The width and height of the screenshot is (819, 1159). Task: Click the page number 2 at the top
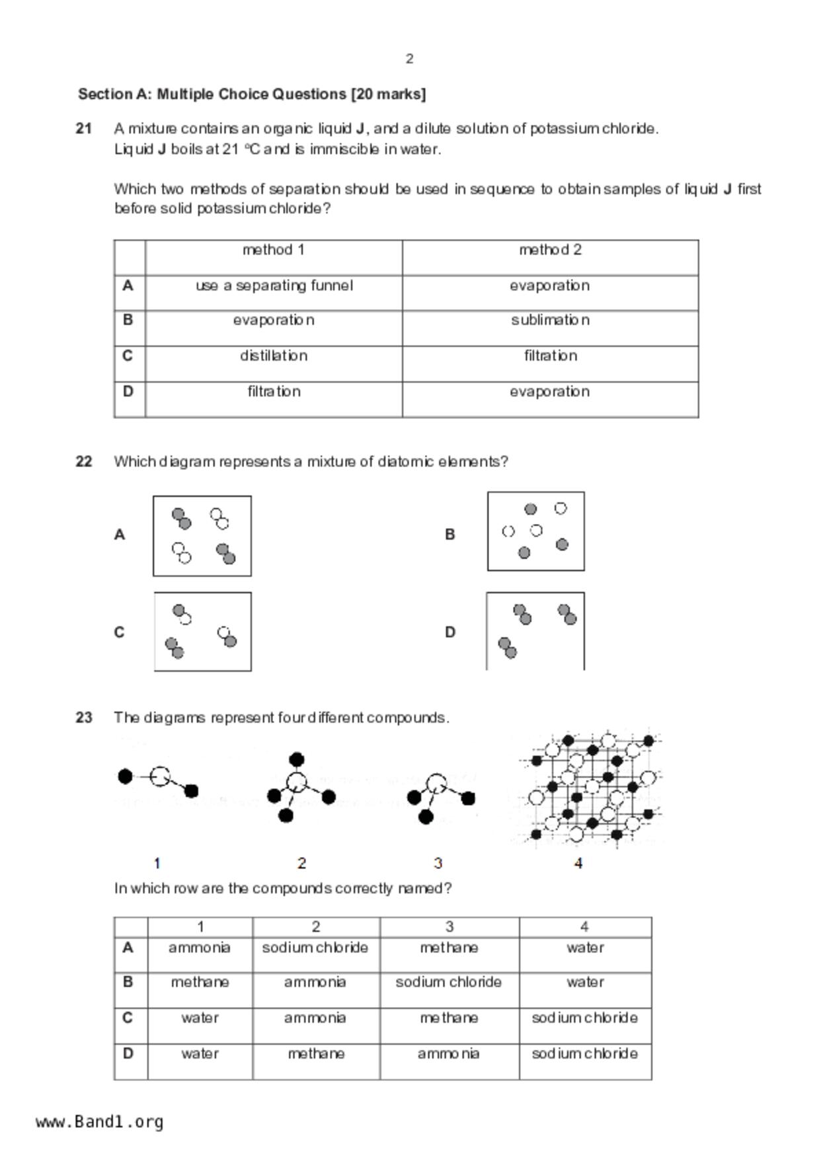[409, 59]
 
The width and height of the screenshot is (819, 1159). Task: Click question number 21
[83, 128]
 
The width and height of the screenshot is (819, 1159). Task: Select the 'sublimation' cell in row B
[550, 320]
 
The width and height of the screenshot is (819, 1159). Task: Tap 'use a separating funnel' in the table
[274, 285]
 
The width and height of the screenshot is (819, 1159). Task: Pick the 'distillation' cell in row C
[274, 355]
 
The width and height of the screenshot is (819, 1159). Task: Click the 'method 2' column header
[550, 250]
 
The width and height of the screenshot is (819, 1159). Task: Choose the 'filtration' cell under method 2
[550, 355]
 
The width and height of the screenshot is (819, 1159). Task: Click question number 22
[83, 461]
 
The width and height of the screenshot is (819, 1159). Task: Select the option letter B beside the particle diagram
[449, 534]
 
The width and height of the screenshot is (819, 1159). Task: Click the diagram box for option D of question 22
[535, 632]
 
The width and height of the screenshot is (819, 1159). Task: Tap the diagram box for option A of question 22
[202, 536]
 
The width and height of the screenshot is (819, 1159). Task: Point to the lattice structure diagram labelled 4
[592, 788]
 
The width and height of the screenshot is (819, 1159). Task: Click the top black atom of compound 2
[297, 759]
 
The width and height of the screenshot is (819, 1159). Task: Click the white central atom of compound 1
[160, 776]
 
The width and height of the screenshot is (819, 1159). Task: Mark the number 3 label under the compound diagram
[438, 863]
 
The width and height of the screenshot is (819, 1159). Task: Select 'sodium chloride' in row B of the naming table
[449, 982]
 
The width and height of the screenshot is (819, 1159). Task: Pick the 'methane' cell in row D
[316, 1053]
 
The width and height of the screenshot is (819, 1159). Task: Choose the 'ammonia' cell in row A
[200, 948]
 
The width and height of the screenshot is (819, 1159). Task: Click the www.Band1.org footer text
[100, 1121]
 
